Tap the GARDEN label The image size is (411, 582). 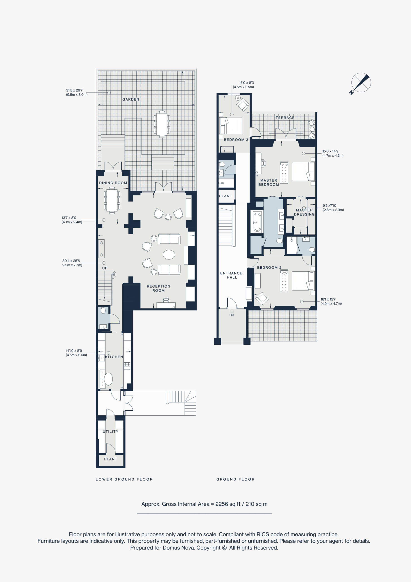pyautogui.click(x=131, y=99)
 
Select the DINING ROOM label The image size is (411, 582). pyautogui.click(x=113, y=183)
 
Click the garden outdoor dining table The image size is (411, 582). pyautogui.click(x=162, y=124)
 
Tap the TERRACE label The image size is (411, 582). pyautogui.click(x=285, y=118)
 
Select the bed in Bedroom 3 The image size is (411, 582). pyautogui.click(x=231, y=125)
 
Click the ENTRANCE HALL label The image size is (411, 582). pyautogui.click(x=231, y=275)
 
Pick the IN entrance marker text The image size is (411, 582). pyautogui.click(x=232, y=315)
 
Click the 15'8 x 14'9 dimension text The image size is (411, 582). pyautogui.click(x=333, y=153)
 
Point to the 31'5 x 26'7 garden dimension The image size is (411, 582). pyautogui.click(x=77, y=93)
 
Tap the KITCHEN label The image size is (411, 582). pyautogui.click(x=114, y=357)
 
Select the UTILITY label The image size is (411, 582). pyautogui.click(x=110, y=431)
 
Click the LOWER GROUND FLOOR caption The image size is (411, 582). pyautogui.click(x=124, y=479)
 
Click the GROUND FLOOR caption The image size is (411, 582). pyautogui.click(x=235, y=479)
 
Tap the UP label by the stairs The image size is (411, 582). pyautogui.click(x=105, y=268)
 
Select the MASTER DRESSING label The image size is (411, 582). pyautogui.click(x=304, y=212)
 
